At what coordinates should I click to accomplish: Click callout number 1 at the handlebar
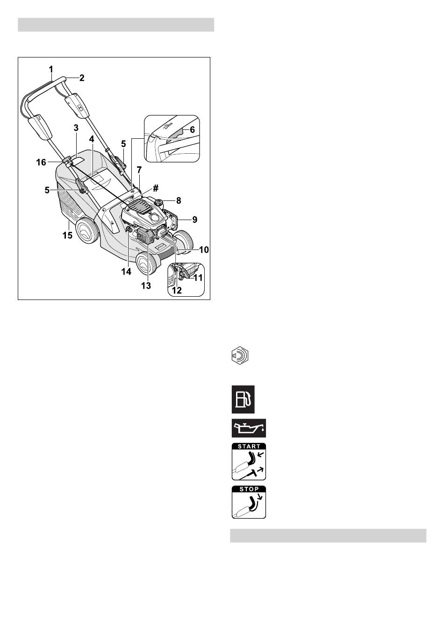51,69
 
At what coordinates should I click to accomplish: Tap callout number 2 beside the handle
82,78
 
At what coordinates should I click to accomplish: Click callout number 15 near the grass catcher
68,235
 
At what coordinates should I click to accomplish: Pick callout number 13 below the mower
146,286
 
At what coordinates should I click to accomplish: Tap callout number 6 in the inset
193,130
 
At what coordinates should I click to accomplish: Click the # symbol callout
156,188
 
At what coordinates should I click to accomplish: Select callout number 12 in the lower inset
177,290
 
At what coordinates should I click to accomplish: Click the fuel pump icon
243,399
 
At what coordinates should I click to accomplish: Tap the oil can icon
249,428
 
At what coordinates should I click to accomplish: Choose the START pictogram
249,462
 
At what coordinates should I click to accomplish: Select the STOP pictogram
249,502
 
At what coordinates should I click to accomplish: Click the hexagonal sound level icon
240,356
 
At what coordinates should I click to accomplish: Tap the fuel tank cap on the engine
158,202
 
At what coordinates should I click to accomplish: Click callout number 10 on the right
204,250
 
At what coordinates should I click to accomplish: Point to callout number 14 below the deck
126,271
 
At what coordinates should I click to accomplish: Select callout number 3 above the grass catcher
76,128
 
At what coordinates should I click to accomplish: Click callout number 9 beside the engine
194,220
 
